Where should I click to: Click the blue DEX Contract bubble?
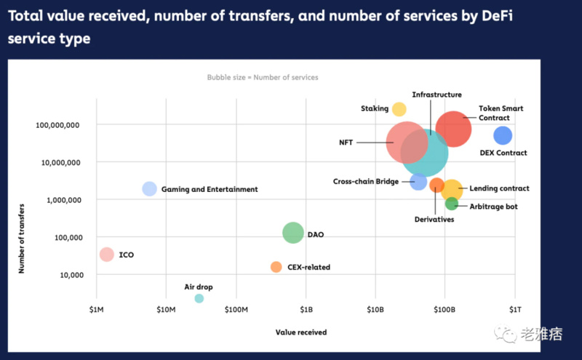tap(503, 135)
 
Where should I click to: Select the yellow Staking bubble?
tap(399, 109)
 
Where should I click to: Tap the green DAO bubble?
tap(292, 233)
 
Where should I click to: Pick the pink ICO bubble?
tap(106, 255)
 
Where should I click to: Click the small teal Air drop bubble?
tap(199, 298)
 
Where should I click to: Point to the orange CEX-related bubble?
tap(276, 267)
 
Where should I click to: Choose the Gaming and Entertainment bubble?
tap(149, 188)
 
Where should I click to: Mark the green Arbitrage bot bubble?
tap(452, 204)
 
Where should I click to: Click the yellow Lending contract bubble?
tap(452, 191)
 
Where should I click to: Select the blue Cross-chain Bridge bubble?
tap(418, 182)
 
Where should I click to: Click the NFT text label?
tap(346, 143)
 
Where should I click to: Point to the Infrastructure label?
tap(436, 95)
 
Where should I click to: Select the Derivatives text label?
tap(434, 220)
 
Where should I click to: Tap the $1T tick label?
tap(514, 311)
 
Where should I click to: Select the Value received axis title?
tap(301, 332)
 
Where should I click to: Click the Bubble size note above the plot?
tap(263, 77)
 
